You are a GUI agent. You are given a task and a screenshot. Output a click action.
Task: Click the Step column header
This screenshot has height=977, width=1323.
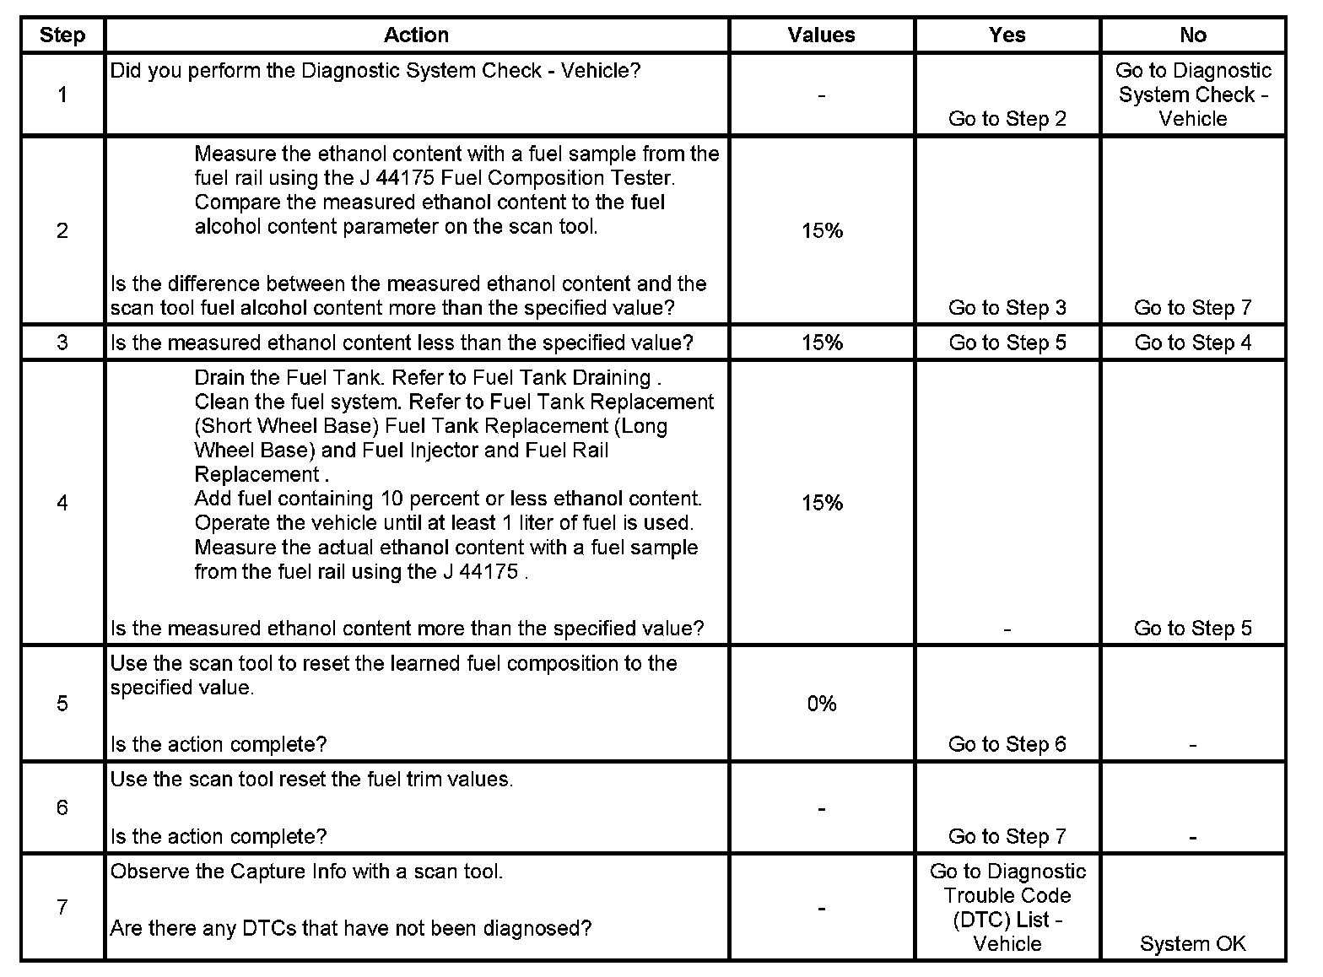[x=62, y=35]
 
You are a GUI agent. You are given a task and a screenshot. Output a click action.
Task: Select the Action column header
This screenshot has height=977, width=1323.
[x=416, y=35]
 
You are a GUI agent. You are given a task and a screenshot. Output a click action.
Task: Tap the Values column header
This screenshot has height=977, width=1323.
[x=821, y=35]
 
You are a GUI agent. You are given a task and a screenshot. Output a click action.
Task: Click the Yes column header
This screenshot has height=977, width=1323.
[x=1007, y=35]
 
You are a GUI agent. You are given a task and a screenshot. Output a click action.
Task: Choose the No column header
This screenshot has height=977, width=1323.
[x=1192, y=35]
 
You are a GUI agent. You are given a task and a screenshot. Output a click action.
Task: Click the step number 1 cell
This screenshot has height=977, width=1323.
[x=62, y=94]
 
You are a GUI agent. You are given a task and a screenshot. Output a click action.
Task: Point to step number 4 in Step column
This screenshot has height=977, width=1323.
[x=62, y=503]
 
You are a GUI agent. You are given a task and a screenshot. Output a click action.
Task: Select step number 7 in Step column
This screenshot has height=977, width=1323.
[x=62, y=907]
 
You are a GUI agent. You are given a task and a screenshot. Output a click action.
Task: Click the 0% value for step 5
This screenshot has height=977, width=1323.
[x=821, y=704]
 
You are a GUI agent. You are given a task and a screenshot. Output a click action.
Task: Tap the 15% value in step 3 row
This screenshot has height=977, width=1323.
[x=822, y=343]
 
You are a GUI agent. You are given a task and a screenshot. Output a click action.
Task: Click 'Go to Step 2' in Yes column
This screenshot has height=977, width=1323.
[x=1007, y=119]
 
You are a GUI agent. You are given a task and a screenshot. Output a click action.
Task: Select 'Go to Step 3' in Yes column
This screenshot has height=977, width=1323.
[x=1007, y=308]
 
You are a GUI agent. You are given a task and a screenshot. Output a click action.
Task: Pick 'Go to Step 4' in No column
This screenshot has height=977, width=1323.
[x=1192, y=343]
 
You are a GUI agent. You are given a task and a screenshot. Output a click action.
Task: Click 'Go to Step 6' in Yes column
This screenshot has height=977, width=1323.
[x=1007, y=744]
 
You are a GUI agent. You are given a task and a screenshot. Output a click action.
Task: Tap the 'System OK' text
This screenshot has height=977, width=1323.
[x=1192, y=944]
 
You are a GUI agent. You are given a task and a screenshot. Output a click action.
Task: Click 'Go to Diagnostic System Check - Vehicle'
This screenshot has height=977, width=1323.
[x=1192, y=94]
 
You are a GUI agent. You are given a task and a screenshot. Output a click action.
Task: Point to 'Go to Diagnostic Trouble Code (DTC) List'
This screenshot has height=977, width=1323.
[x=1007, y=907]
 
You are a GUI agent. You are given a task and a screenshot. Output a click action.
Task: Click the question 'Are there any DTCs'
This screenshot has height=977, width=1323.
[x=350, y=929]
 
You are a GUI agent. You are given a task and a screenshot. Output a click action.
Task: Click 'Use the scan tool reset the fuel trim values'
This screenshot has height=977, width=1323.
[x=311, y=780]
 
